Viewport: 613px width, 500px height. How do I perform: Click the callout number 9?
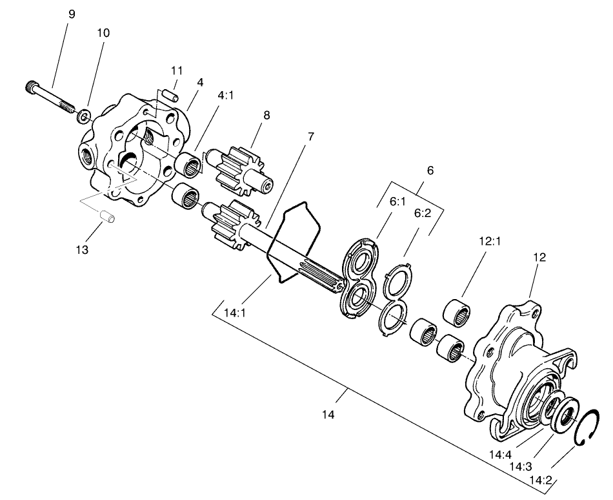(71, 14)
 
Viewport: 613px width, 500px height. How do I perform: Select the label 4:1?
(226, 94)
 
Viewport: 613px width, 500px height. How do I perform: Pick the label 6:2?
(423, 213)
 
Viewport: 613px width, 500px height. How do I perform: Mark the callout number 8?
(266, 115)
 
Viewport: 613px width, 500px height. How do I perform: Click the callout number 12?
(539, 256)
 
